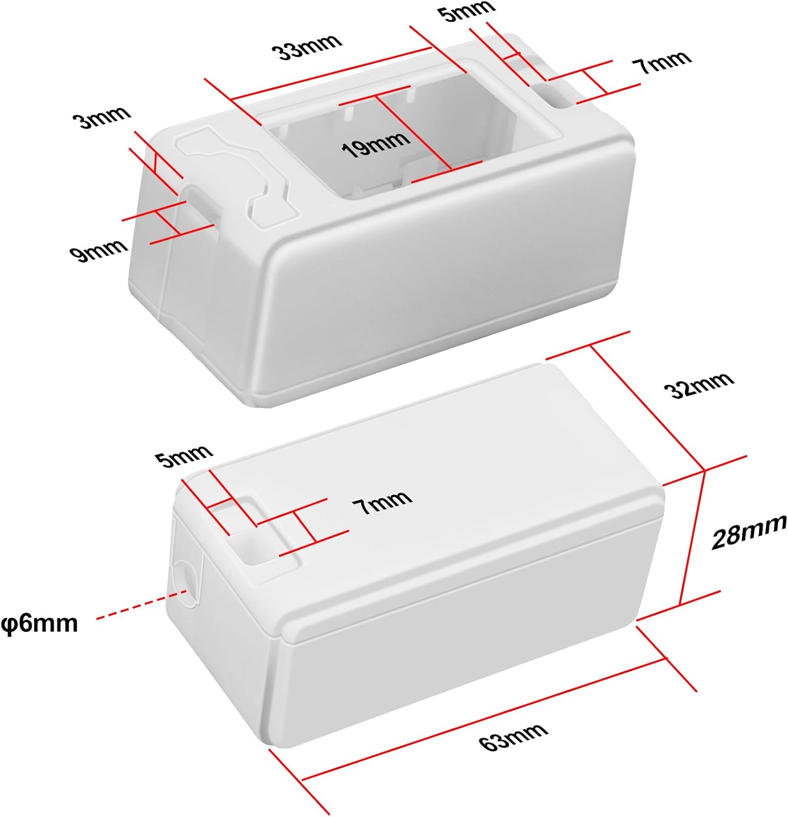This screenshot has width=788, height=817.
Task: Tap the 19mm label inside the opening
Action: coord(375,144)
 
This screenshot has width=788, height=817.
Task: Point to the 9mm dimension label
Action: coord(98,251)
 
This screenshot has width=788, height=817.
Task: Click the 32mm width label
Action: coord(699,385)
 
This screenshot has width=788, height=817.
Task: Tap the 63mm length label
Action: coord(514,737)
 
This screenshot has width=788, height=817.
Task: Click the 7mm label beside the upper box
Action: coord(661,63)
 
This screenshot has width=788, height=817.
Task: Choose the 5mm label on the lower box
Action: coord(183,456)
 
